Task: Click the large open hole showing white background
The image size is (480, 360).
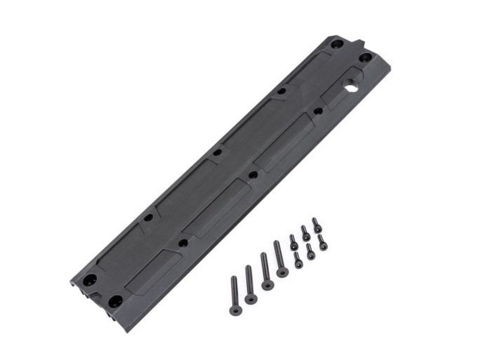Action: click(351, 88)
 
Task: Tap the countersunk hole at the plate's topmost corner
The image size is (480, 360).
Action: click(337, 44)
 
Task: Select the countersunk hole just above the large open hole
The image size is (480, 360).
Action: click(365, 58)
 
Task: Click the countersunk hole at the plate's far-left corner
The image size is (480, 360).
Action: click(89, 280)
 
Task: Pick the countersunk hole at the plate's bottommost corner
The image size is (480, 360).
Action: click(115, 301)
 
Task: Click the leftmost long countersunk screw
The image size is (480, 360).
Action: click(234, 296)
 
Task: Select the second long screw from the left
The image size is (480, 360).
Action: click(250, 284)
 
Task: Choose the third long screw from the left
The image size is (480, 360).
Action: click(266, 271)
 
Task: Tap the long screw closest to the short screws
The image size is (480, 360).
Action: click(280, 259)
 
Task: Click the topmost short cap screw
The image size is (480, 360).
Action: click(316, 225)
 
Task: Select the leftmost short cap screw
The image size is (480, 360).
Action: click(293, 242)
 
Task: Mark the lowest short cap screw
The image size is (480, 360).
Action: click(298, 260)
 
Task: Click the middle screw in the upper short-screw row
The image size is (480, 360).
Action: click(305, 233)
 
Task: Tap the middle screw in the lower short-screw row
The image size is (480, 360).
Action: click(310, 251)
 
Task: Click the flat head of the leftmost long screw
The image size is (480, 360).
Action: click(235, 311)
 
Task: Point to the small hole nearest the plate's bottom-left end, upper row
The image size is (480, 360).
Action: click(148, 217)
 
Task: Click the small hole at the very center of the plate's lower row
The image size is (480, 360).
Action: click(253, 175)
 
